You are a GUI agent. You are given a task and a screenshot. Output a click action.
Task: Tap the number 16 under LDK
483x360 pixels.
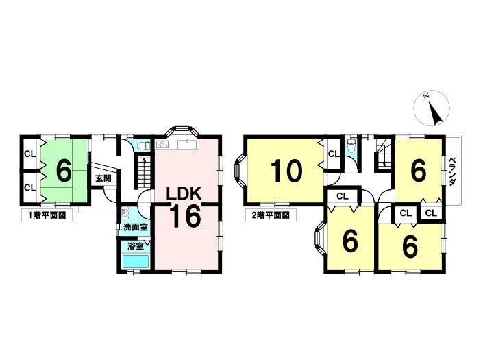pos(184,216)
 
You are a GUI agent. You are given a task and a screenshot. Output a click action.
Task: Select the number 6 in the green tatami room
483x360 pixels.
pos(63,171)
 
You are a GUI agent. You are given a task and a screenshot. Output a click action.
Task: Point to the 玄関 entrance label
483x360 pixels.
pos(103,178)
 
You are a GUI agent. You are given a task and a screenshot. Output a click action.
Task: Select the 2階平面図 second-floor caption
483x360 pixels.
pos(268,214)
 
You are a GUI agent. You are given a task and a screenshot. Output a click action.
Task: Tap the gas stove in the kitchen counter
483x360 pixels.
pos(163,144)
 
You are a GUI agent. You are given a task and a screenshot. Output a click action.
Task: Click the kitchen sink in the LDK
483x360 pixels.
pos(186,144)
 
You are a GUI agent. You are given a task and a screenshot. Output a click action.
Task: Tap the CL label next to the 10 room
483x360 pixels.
pos(333,154)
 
